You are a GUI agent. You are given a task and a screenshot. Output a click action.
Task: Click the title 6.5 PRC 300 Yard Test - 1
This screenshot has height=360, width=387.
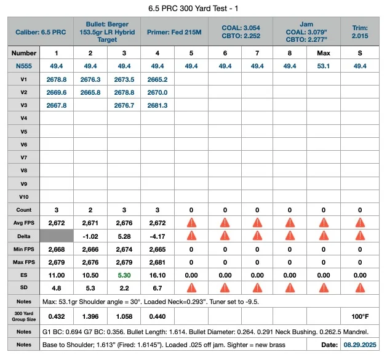point(193,9)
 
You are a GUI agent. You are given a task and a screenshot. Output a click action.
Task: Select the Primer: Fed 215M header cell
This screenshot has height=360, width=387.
point(174,32)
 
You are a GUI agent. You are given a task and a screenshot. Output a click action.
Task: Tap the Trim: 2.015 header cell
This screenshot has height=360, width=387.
point(360,32)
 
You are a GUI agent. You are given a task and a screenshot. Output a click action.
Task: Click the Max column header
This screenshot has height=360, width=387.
point(324,53)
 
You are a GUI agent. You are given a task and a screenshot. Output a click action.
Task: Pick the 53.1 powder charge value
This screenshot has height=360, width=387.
point(324,66)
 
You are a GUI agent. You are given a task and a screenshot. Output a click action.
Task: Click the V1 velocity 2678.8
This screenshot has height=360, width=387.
point(57,79)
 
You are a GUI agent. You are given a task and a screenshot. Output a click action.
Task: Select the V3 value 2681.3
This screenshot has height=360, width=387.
point(158,105)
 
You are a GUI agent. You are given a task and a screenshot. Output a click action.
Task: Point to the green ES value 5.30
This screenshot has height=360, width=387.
point(124,275)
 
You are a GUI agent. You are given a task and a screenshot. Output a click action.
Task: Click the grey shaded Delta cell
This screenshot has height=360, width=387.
point(57,236)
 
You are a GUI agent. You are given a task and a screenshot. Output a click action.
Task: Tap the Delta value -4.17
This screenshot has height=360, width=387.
point(158,236)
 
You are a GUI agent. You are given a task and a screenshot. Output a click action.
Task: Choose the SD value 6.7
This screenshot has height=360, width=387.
point(158,288)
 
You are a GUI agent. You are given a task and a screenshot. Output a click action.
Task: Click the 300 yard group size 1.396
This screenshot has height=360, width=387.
point(90,316)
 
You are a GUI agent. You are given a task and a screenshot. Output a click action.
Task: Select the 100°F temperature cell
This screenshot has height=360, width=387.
point(360,316)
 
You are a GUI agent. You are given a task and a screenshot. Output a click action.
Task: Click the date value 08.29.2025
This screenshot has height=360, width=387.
point(360,345)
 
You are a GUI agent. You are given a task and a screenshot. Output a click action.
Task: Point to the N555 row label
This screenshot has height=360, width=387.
point(24,66)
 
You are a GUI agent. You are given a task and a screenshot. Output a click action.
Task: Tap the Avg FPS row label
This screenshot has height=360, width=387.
point(24,223)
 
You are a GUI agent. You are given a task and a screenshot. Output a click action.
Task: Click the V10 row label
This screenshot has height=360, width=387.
point(24,197)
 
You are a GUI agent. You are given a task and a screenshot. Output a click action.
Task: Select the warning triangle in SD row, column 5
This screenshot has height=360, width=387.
point(191,288)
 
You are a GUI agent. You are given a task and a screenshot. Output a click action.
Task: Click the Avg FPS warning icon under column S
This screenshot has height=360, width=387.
point(360,223)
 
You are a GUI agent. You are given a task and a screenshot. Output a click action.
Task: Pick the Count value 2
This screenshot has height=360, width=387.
point(90,210)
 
